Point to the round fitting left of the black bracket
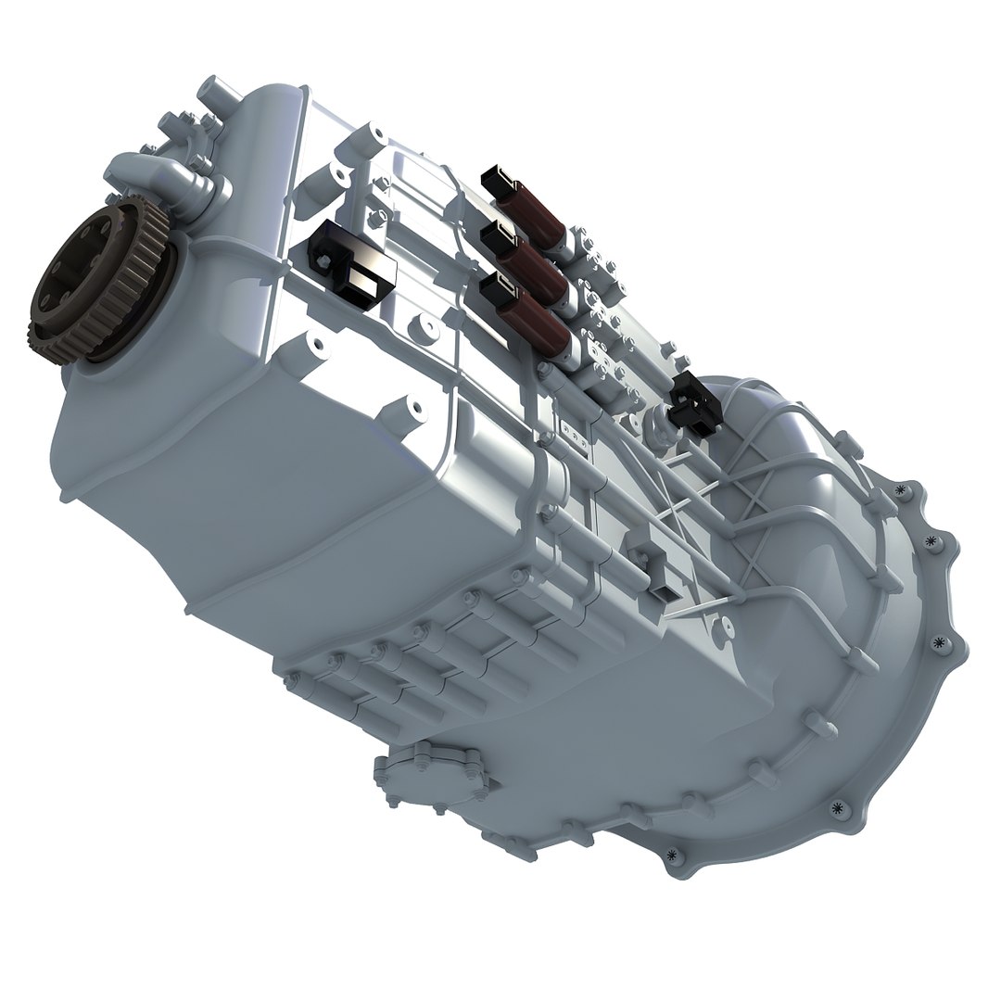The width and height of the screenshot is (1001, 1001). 660,422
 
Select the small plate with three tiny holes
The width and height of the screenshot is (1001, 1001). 576,435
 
